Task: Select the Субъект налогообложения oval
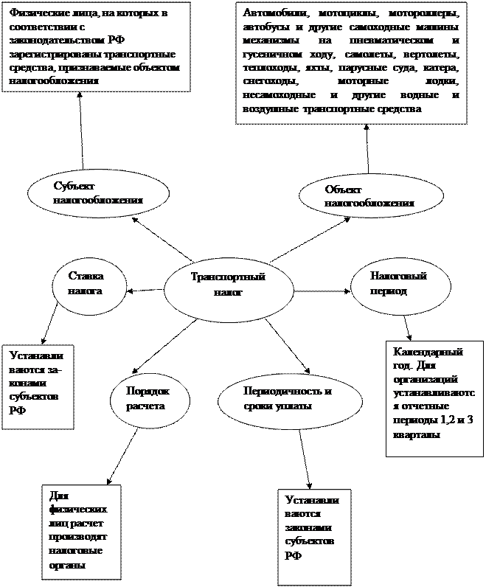[x=98, y=192]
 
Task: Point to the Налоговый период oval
[x=398, y=282]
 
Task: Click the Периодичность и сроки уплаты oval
[x=291, y=399]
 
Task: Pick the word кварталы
[x=417, y=435]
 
